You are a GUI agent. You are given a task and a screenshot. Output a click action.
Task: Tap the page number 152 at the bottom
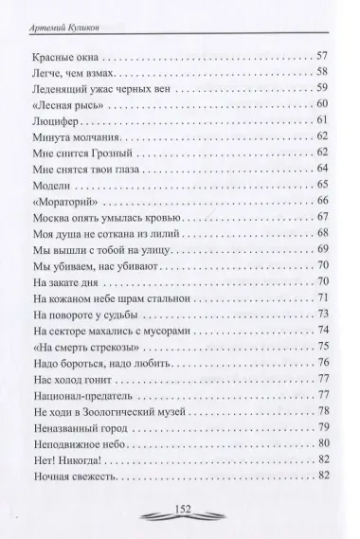pyautogui.click(x=180, y=509)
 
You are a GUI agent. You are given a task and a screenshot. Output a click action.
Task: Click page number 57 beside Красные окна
pyautogui.click(x=322, y=55)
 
